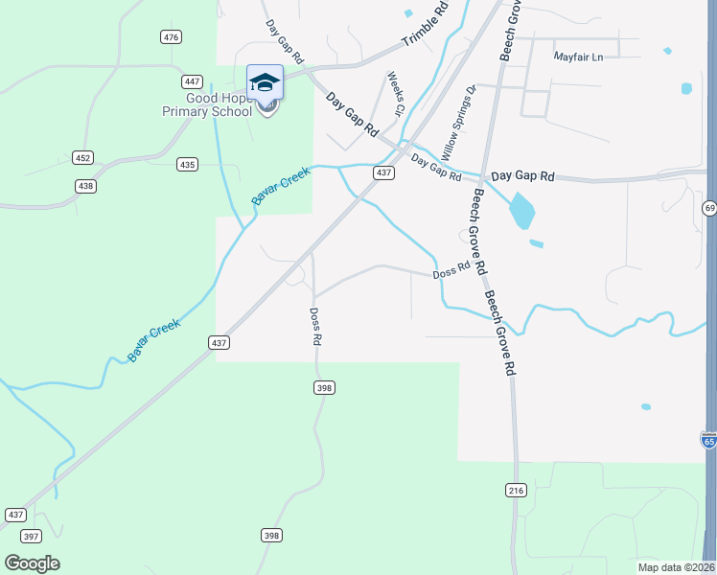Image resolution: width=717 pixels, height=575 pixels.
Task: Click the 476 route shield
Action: click(171, 37)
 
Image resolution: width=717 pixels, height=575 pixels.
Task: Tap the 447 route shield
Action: click(193, 82)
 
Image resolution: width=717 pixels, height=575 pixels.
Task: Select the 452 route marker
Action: click(82, 158)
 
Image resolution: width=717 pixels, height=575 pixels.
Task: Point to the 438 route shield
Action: click(86, 186)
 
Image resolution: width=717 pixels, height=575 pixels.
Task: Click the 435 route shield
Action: click(187, 165)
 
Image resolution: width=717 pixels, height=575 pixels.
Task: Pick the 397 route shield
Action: click(31, 536)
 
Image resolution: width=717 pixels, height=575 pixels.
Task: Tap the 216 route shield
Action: click(516, 490)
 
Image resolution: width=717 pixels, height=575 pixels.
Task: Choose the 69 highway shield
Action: click(709, 207)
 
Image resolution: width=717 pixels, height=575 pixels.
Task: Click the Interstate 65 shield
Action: click(708, 440)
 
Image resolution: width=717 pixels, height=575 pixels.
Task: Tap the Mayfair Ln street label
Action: click(578, 57)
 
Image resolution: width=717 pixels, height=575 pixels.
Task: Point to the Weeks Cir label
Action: click(394, 93)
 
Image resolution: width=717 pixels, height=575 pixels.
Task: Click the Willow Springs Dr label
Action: click(457, 123)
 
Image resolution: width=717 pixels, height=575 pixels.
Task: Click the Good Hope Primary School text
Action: click(219, 104)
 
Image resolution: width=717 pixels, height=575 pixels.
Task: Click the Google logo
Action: click(32, 563)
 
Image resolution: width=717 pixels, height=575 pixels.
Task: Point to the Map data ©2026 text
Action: click(676, 567)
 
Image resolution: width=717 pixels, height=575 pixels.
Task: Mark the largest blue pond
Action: click(521, 212)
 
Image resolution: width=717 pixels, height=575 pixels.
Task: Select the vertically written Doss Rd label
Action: click(314, 326)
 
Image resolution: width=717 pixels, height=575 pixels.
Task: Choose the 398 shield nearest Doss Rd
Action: click(324, 387)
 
